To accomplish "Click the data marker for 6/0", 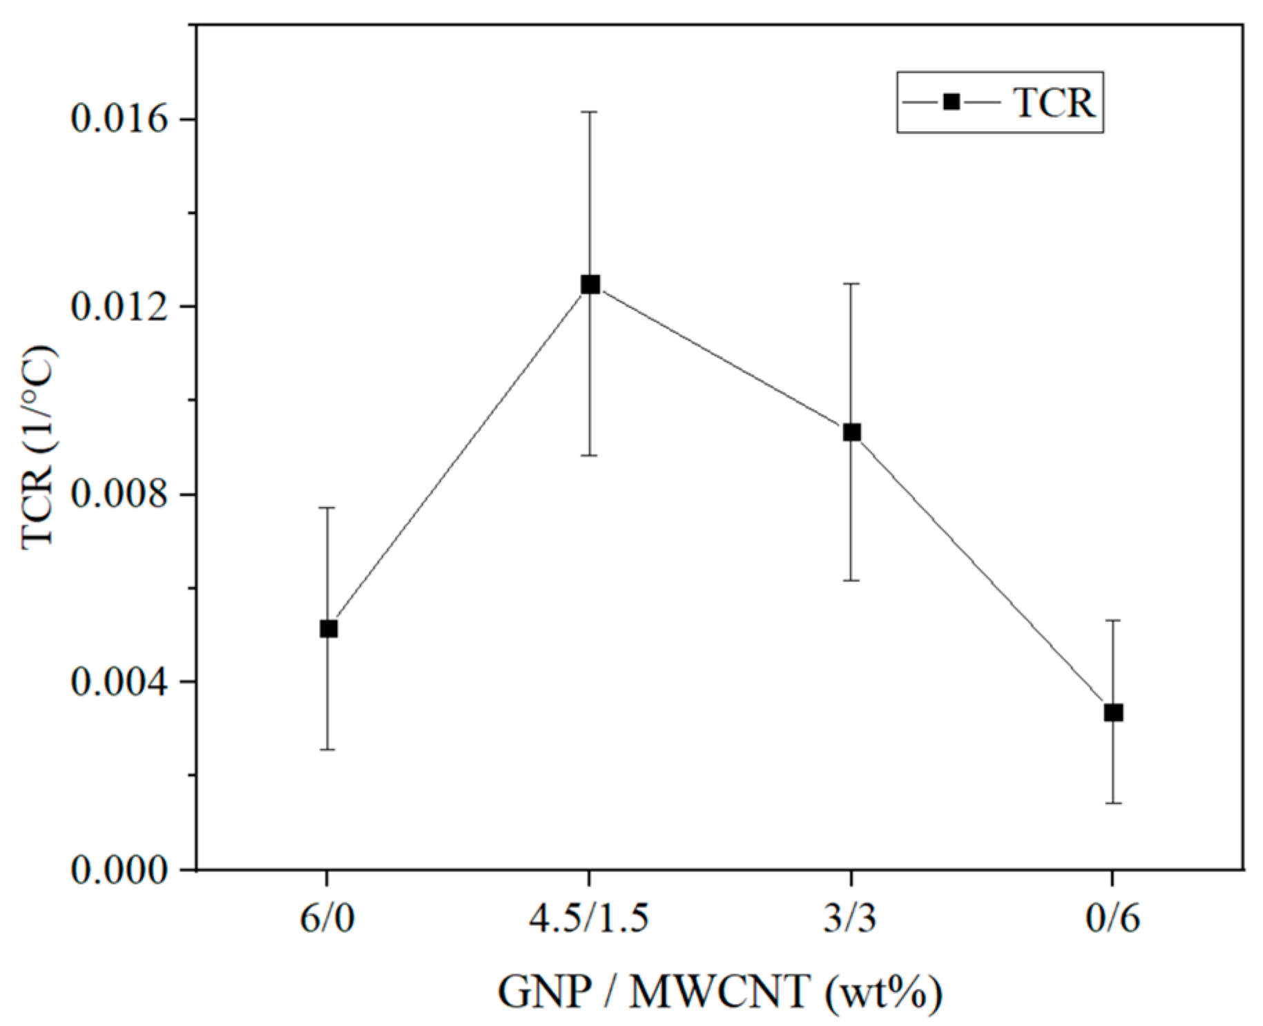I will (x=328, y=628).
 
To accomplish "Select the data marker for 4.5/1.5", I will (x=590, y=284).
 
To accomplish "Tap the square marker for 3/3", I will (x=851, y=433).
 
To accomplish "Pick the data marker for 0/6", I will (x=1113, y=713).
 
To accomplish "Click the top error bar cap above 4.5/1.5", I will (x=590, y=111).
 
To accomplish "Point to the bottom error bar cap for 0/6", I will (x=1113, y=803).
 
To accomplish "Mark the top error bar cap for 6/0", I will (x=328, y=507).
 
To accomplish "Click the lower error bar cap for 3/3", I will (x=851, y=581).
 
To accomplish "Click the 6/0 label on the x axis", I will (x=327, y=919).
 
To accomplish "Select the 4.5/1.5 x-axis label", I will (x=589, y=919).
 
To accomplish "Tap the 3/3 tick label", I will (x=851, y=919).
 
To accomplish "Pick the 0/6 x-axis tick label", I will (x=1112, y=919).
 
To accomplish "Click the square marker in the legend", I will (x=952, y=102).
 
